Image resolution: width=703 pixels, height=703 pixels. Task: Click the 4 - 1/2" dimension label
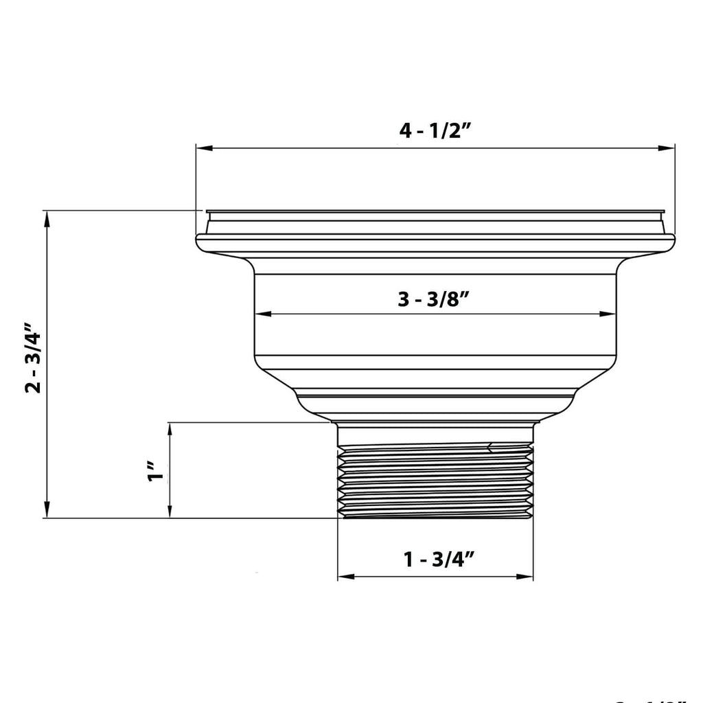pos(434,131)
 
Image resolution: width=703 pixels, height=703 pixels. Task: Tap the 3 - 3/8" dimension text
pos(434,300)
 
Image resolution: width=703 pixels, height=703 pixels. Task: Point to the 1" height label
pos(157,473)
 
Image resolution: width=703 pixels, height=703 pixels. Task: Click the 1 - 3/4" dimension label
pos(439,560)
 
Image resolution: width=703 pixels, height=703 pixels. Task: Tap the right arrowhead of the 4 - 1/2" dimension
pos(667,148)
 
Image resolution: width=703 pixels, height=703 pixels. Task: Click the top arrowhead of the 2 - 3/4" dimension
pos(47,219)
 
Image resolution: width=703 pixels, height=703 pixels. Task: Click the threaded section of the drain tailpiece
pos(435,481)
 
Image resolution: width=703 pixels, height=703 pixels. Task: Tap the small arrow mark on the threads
pos(490,448)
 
